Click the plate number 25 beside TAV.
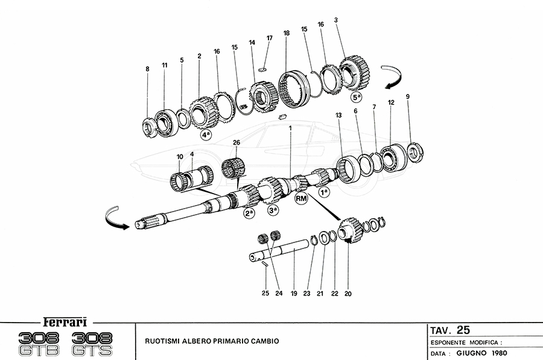(463, 330)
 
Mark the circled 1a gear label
(325, 192)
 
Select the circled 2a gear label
(249, 213)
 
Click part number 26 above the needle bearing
(235, 143)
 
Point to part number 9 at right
(408, 96)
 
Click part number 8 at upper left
(147, 69)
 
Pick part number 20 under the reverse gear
(347, 294)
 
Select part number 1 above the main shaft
(290, 128)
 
